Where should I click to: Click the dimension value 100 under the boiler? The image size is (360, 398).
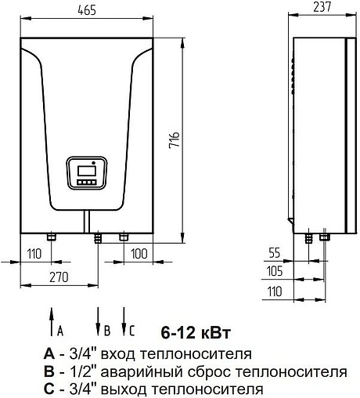tap(140, 254)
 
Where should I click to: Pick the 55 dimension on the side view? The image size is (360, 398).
tap(273, 254)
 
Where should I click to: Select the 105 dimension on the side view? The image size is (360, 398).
tap(273, 271)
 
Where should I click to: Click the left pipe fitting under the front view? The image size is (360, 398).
tap(52, 236)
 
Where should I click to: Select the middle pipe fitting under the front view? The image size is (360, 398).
tap(97, 237)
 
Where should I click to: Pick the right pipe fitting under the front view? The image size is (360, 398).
tap(122, 236)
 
